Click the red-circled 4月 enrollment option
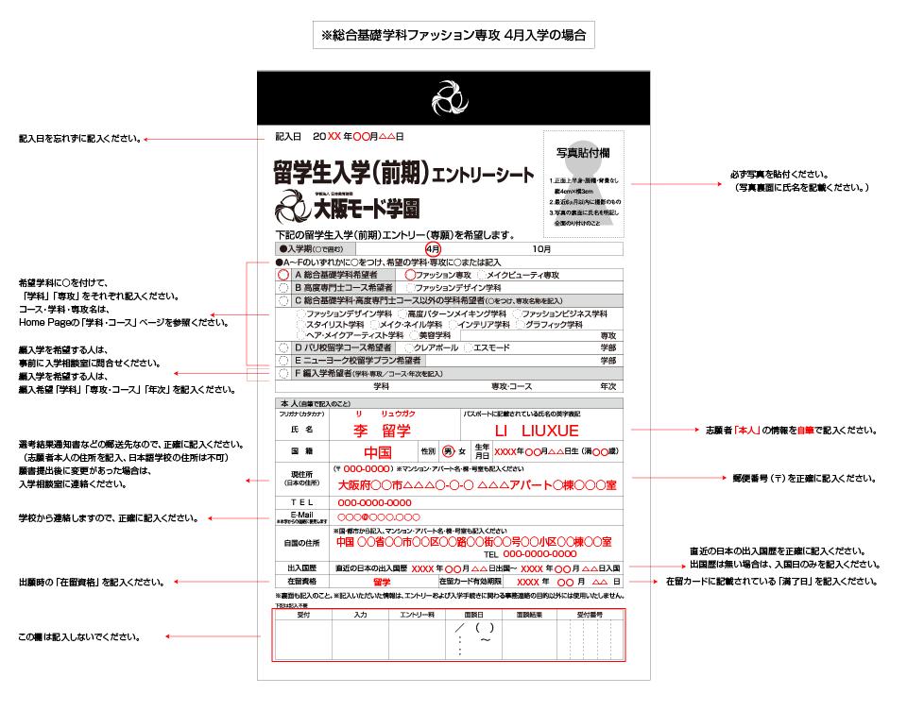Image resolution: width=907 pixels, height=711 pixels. click(x=434, y=248)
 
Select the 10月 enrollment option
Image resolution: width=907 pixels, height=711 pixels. click(x=541, y=248)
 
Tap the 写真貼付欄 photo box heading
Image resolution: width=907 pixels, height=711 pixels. click(x=583, y=152)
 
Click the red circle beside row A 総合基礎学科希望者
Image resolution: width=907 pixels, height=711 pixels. click(x=283, y=274)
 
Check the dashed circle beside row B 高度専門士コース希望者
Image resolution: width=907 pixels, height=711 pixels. click(x=283, y=287)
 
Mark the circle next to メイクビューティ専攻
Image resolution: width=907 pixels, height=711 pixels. click(x=481, y=274)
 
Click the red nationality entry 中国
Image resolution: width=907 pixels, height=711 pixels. click(x=378, y=451)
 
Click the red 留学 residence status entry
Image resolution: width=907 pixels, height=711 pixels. click(x=382, y=582)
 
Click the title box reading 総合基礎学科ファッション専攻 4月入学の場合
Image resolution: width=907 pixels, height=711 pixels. click(x=453, y=36)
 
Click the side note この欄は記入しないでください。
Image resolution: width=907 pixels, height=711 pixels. click(x=80, y=637)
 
